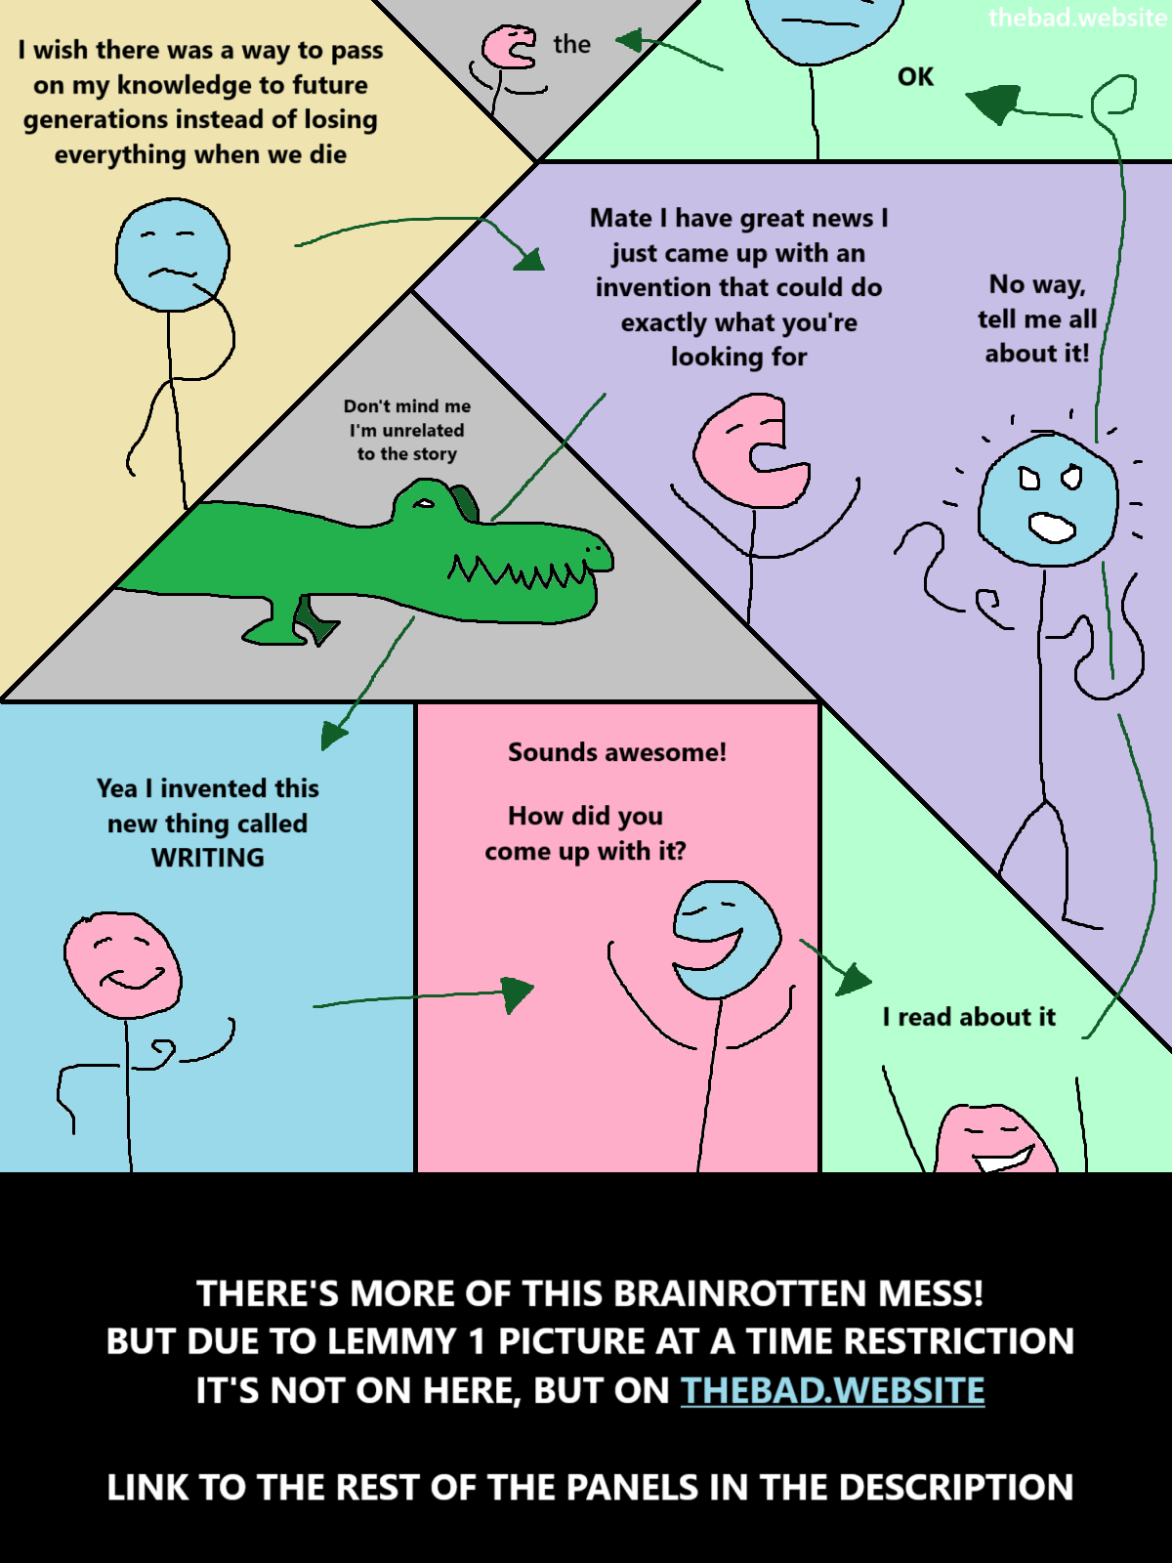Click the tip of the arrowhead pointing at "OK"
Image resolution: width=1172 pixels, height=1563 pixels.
click(966, 96)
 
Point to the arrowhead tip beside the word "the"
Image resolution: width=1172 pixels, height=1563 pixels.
click(615, 41)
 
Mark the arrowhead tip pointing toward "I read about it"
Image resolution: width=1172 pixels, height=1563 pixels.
click(872, 981)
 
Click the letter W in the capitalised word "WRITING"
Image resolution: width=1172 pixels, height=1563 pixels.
click(163, 858)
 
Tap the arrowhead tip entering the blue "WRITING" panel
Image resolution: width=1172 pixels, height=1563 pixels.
click(322, 750)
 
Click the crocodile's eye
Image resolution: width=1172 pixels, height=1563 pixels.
click(424, 503)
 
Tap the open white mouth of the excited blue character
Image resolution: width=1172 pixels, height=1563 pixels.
click(1052, 527)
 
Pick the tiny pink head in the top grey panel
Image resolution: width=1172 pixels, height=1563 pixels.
click(508, 47)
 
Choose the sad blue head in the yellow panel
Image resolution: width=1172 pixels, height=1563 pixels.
click(172, 255)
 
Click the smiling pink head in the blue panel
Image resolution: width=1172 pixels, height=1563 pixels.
click(122, 965)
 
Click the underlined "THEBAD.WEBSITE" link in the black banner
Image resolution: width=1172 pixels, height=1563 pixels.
click(832, 1391)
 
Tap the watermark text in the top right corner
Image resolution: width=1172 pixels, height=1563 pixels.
click(1078, 17)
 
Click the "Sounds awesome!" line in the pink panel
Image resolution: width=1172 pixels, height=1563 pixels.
click(617, 752)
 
